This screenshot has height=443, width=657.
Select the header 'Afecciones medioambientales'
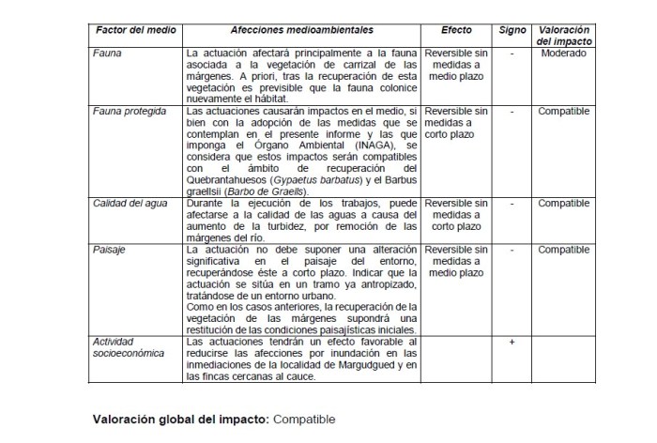coord(299,32)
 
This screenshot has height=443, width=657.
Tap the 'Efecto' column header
coord(456,32)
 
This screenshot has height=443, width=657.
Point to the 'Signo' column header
coord(512,32)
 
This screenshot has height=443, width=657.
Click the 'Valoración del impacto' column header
coord(564,38)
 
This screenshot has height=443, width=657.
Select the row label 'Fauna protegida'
coord(130,111)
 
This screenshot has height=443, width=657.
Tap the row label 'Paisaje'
coord(110,250)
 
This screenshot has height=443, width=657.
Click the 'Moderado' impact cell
coord(564,53)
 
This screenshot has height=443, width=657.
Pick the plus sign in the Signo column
coord(512,343)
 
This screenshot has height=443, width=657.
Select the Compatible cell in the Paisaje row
coord(564,250)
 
